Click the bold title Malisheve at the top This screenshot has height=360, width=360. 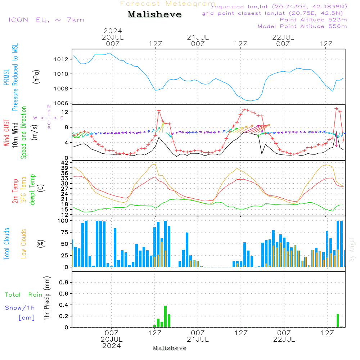point(154,14)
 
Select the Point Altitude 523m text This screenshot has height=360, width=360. point(313,20)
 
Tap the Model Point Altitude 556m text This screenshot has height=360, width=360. point(302,26)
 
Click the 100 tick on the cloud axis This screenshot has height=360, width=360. point(63,221)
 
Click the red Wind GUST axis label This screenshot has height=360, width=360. point(7,132)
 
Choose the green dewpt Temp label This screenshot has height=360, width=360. point(33,190)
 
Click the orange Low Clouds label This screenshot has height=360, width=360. point(24,243)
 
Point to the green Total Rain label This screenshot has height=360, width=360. point(23,295)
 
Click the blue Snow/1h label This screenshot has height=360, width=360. point(20,308)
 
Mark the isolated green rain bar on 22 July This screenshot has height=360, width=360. point(338,320)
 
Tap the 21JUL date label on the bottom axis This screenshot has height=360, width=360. point(198,339)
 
